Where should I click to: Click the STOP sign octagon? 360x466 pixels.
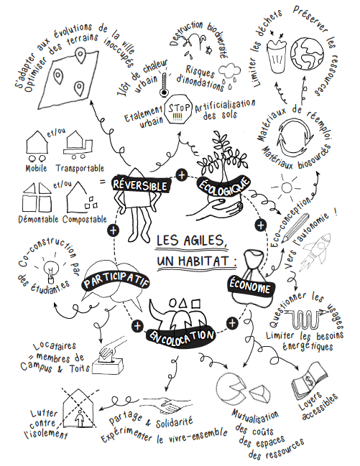tap(178, 109)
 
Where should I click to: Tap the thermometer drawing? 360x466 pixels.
tap(164, 84)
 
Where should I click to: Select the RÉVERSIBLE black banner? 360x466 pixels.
tap(141, 185)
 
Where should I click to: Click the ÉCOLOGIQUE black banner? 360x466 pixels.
tap(223, 188)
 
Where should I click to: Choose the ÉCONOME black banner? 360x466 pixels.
tap(251, 286)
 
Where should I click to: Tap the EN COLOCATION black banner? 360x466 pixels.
tap(180, 336)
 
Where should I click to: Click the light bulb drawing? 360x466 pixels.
tap(50, 269)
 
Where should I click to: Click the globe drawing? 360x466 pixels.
tap(307, 53)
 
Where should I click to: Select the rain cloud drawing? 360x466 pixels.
tap(229, 74)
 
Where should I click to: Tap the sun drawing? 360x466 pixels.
tap(287, 187)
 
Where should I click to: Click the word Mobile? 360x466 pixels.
tap(36, 168)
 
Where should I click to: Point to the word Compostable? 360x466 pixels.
tap(85, 220)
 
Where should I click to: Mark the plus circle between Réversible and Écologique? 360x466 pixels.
tap(182, 174)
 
